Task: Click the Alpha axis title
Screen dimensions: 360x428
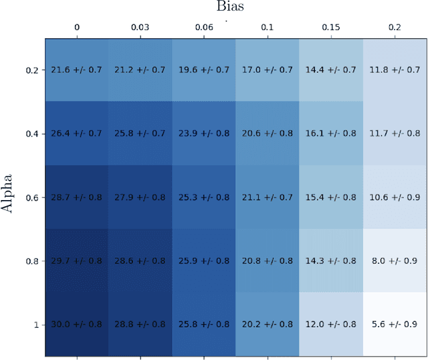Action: coord(9,197)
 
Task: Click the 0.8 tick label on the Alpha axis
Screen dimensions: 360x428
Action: coord(31,261)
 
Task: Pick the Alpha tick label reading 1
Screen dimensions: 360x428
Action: coord(35,325)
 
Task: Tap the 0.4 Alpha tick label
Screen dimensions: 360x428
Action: coord(31,134)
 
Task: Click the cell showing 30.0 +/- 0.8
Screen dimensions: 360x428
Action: coord(76,325)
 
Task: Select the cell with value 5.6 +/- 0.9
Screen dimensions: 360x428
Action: coord(395,325)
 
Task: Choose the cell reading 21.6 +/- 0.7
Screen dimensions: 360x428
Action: coord(76,70)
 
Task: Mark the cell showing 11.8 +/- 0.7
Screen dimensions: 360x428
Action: coord(395,70)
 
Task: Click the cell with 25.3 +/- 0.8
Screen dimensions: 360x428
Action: coord(204,197)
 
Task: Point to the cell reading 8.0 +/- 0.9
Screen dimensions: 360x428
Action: coord(395,261)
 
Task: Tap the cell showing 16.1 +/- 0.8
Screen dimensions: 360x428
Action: coord(331,134)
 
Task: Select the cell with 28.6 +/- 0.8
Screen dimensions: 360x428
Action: coord(140,261)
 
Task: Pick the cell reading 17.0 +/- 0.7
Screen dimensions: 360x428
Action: coord(267,70)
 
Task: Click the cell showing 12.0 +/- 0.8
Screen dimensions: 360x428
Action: coord(331,325)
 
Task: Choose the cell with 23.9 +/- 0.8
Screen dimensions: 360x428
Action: coord(204,134)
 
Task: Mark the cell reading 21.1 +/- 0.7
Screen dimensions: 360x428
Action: coord(267,197)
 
